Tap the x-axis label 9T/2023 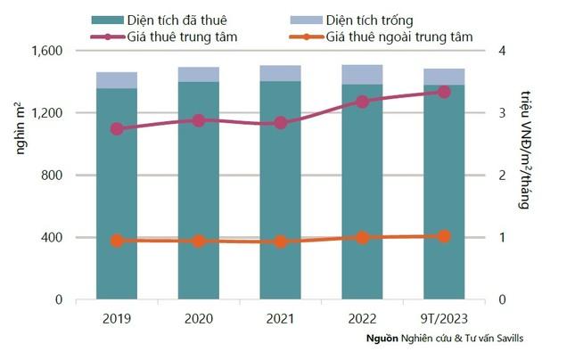click(444, 317)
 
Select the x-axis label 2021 click(280, 317)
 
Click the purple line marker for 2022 click(362, 102)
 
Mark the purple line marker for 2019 click(117, 129)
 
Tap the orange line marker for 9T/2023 click(444, 236)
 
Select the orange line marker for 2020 click(199, 241)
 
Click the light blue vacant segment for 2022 click(362, 74)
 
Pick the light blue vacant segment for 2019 click(117, 80)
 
